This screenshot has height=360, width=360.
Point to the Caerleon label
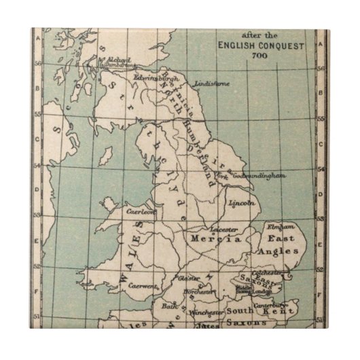coord(142,211)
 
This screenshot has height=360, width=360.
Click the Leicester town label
coord(224,230)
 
